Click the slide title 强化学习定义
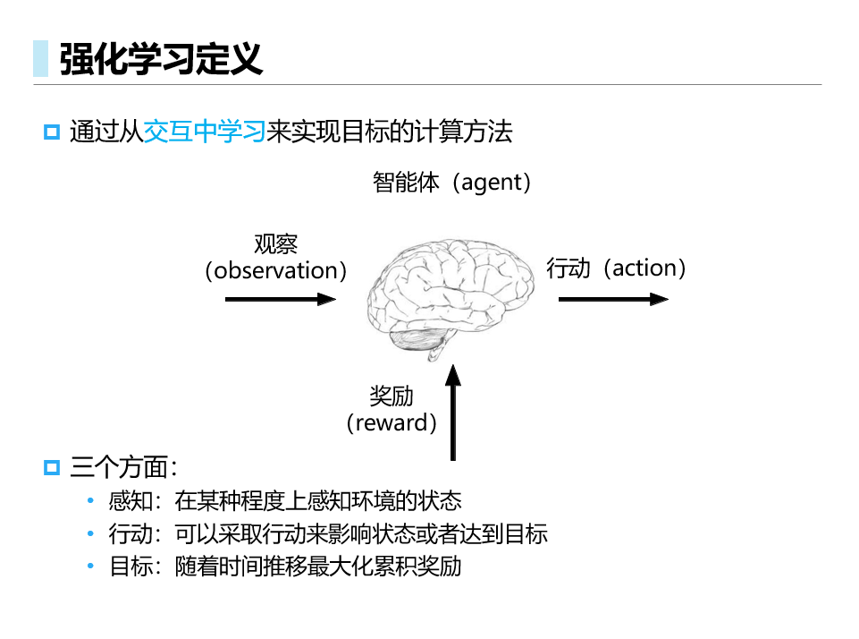pos(161,58)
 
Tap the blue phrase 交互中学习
pos(205,132)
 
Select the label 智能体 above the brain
pos(406,182)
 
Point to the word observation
pos(275,270)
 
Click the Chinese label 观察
pos(275,244)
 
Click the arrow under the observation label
pos(281,299)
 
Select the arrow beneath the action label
pos(613,299)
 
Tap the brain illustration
pos(451,297)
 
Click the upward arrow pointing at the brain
pos(453,413)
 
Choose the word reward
pos(392,423)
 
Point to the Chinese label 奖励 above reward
pos(392,396)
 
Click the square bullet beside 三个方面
pos(52,468)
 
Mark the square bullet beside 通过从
pos(52,132)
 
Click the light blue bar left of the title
pos(40,58)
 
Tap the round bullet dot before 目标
pos(90,566)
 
